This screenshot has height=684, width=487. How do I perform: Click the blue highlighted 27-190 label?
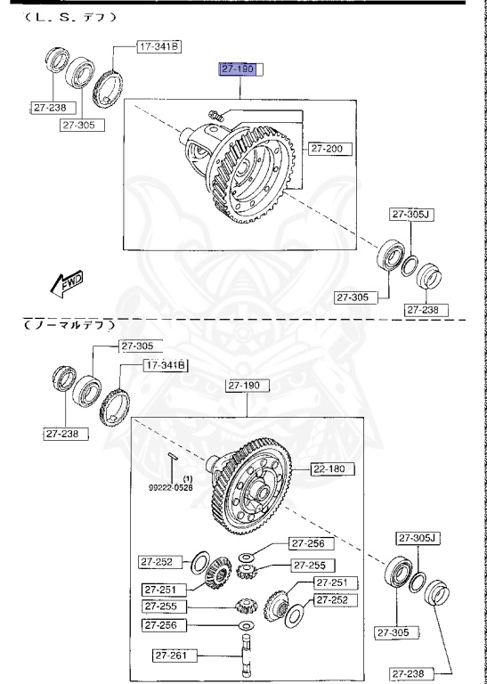(x=239, y=68)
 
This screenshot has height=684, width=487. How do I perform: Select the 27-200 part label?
(x=329, y=149)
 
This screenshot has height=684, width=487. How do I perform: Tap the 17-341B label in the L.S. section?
(x=158, y=45)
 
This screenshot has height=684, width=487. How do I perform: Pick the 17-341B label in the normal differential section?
(x=165, y=365)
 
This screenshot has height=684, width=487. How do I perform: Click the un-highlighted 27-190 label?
(x=247, y=386)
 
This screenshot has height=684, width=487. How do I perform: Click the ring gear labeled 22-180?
(x=255, y=481)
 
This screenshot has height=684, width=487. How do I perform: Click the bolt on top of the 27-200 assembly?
(x=214, y=113)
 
